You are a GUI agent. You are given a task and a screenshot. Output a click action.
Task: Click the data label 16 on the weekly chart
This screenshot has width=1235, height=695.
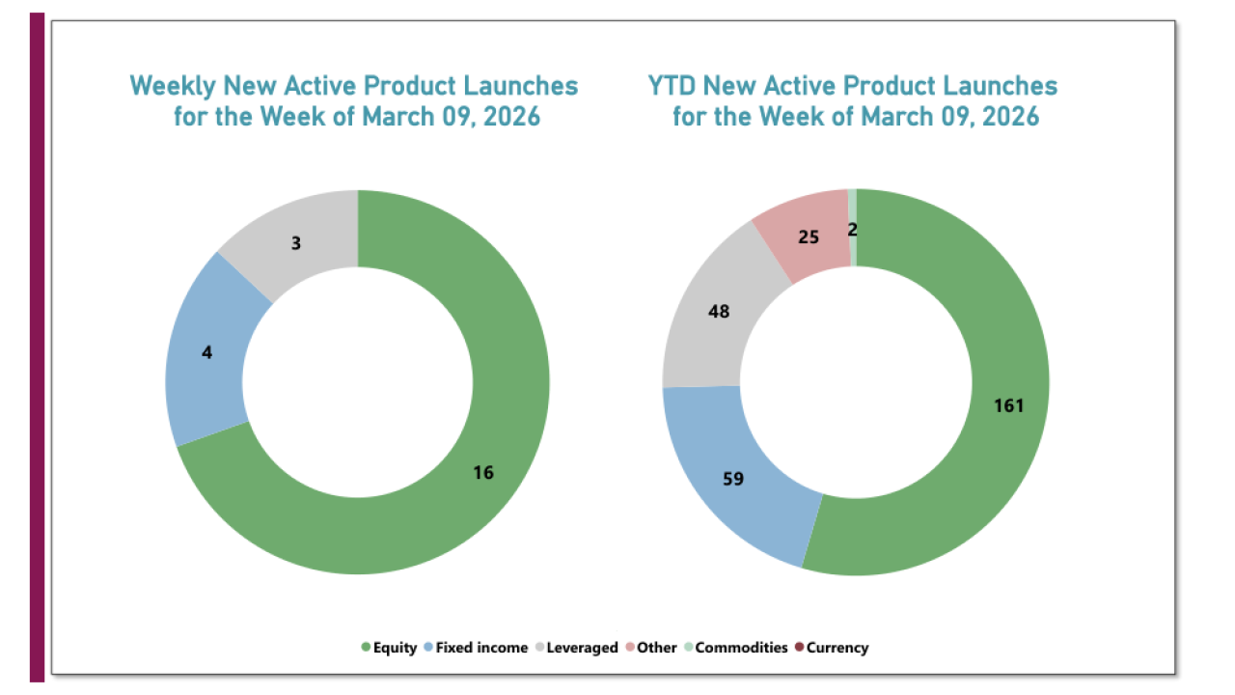pyautogui.click(x=483, y=472)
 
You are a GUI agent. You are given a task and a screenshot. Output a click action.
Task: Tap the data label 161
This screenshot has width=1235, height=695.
pyautogui.click(x=1008, y=405)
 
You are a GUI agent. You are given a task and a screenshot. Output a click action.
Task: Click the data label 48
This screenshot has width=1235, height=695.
pyautogui.click(x=719, y=311)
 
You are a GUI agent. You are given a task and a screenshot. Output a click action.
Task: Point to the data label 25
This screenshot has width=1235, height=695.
pyautogui.click(x=809, y=236)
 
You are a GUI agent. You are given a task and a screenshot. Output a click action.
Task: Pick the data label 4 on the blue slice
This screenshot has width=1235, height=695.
pyautogui.click(x=206, y=352)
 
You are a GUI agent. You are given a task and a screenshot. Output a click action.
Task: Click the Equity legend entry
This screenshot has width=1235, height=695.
pyautogui.click(x=395, y=648)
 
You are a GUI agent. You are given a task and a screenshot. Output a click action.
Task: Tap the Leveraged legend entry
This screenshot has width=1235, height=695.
pyautogui.click(x=581, y=648)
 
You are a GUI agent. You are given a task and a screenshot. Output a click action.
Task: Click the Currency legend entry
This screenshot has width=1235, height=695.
pyautogui.click(x=837, y=648)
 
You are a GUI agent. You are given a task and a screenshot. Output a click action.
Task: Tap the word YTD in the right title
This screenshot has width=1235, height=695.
pyautogui.click(x=672, y=86)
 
